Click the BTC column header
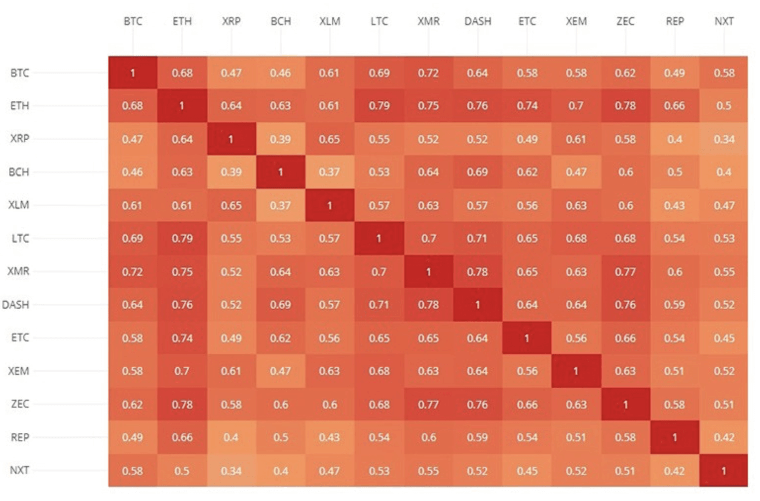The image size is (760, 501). click(x=133, y=21)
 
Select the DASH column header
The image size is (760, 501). click(x=478, y=21)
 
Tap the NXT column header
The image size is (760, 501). click(x=724, y=21)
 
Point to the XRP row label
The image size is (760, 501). click(x=20, y=138)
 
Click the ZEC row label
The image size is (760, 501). click(x=20, y=404)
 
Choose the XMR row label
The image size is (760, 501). click(x=19, y=271)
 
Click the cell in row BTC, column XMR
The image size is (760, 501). click(x=428, y=73)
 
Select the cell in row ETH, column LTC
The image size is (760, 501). click(x=379, y=106)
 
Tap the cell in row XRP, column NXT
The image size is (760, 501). click(x=724, y=139)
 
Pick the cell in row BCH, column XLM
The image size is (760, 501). click(x=330, y=172)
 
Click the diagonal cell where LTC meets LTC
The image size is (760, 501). click(x=379, y=238)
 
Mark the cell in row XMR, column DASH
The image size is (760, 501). click(x=478, y=272)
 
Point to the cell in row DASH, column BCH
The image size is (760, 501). click(x=280, y=305)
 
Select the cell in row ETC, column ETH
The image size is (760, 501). click(x=182, y=338)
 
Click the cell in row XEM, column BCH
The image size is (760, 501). click(x=280, y=371)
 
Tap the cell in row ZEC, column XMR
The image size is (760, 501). click(x=428, y=404)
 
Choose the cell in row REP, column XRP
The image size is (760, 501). click(x=231, y=437)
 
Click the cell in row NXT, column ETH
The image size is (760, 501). click(x=182, y=470)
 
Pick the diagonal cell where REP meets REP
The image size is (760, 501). click(x=675, y=437)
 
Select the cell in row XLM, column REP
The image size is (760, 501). click(x=675, y=205)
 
